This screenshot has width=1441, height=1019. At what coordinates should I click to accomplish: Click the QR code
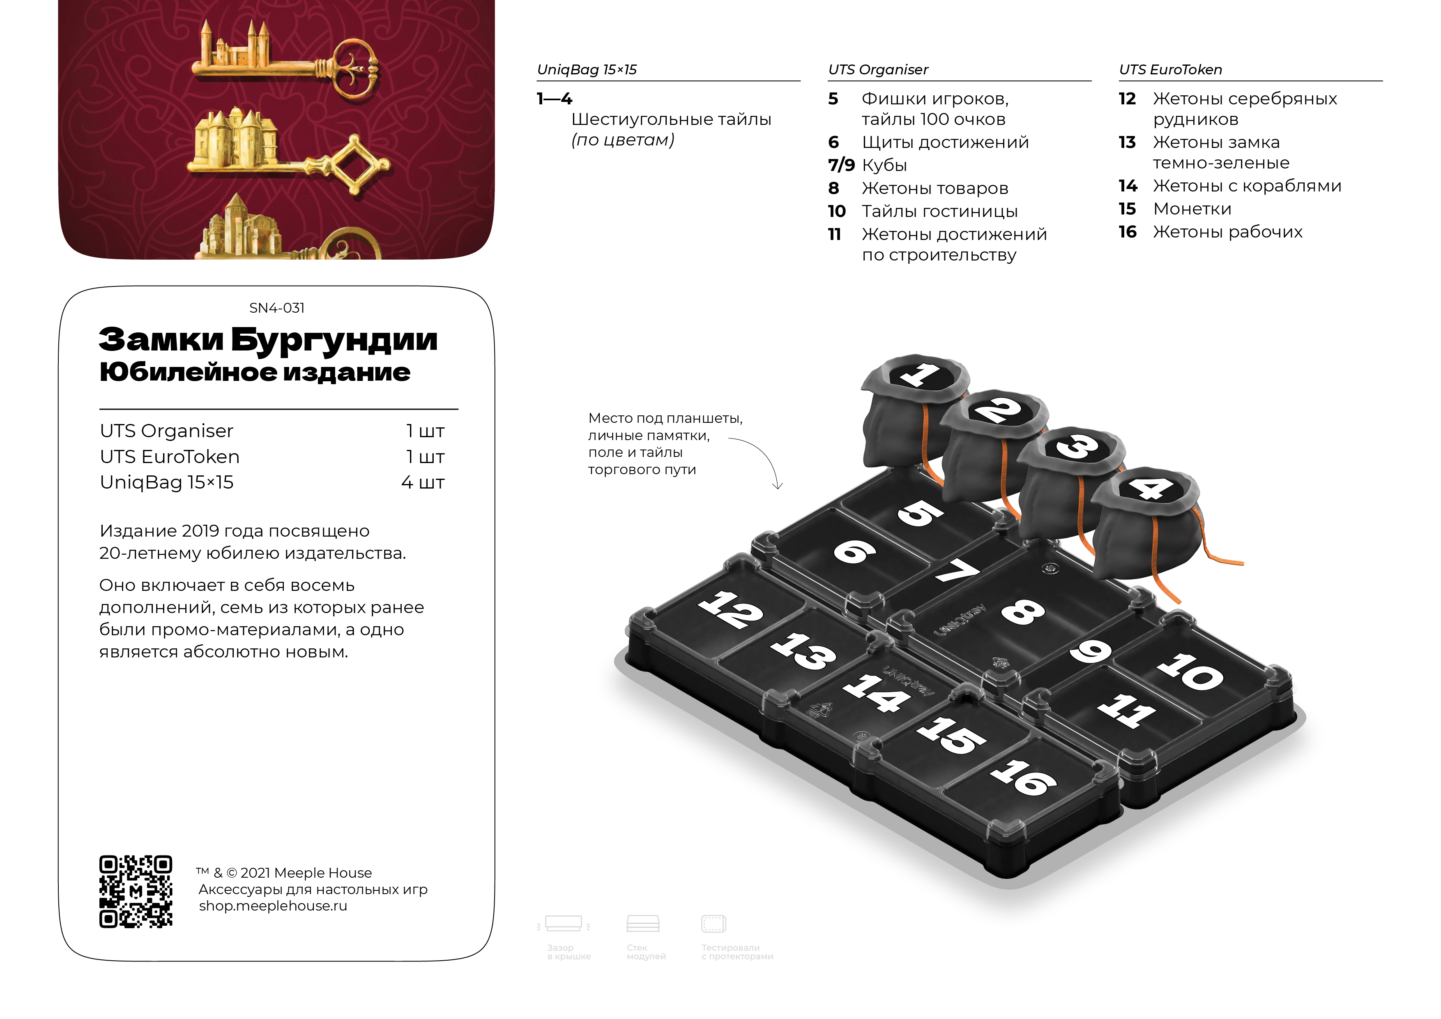click(136, 891)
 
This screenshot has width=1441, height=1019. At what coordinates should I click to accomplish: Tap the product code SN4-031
click(277, 308)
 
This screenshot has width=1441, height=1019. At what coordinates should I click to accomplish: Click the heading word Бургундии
click(334, 340)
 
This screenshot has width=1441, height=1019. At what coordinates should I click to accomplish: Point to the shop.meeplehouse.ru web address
click(273, 906)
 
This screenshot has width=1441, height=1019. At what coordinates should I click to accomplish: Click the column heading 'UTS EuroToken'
click(1170, 70)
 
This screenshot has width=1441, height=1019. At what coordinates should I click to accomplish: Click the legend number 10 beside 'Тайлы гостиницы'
click(837, 212)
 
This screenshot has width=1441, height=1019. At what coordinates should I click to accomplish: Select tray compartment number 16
click(1023, 778)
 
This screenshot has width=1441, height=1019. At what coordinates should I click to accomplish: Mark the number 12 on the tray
click(730, 609)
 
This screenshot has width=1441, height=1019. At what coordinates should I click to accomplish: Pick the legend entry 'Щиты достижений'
click(945, 143)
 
